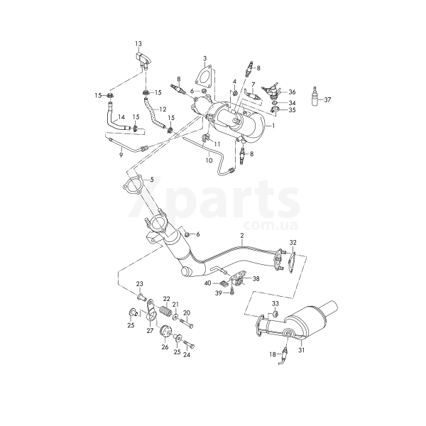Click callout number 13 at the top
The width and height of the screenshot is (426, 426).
(138, 43)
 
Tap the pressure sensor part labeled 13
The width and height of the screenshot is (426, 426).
(143, 60)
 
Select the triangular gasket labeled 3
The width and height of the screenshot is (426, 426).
(203, 74)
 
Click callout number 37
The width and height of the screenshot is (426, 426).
(327, 99)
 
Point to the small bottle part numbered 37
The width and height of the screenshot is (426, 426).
(315, 97)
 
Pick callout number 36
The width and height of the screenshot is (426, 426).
(292, 92)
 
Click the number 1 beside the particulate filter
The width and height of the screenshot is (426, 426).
(273, 126)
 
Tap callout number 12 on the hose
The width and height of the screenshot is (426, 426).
(163, 109)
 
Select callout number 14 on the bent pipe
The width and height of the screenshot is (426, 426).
(121, 117)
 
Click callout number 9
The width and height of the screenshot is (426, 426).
(121, 155)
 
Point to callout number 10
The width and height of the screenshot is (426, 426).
(209, 160)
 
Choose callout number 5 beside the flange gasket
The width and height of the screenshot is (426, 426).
(152, 180)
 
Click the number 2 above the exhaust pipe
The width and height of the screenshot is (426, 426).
(242, 235)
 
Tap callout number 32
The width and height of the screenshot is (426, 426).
(293, 242)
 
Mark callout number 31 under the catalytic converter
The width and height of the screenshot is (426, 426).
(301, 350)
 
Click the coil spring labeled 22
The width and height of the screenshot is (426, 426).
(165, 310)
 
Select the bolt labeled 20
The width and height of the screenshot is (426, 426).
(186, 322)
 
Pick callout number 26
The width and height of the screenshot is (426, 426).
(165, 347)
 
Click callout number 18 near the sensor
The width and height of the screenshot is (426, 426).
(273, 354)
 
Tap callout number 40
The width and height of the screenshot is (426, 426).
(207, 283)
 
